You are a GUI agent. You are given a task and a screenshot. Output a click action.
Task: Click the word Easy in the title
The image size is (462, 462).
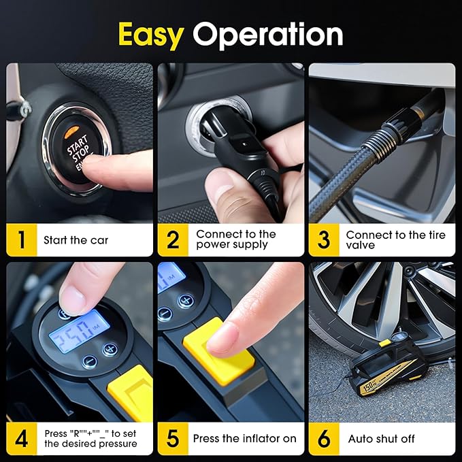(x=151, y=34)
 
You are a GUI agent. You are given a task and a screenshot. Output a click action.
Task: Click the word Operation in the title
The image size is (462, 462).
(x=267, y=34)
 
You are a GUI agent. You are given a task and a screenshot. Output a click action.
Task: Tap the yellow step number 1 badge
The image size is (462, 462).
(x=22, y=240)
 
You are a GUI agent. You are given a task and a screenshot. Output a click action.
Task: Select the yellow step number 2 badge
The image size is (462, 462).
(x=173, y=240)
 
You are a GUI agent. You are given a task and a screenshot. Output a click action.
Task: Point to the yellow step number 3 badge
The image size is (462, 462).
(x=324, y=240)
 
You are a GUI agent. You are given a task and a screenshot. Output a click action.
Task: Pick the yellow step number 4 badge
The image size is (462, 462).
(x=22, y=439)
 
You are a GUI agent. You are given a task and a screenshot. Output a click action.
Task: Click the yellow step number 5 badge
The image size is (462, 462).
(x=173, y=439)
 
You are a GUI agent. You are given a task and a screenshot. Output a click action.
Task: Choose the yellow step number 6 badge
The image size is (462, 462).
(x=324, y=439)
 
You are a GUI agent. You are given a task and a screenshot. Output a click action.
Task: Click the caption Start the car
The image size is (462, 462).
(x=76, y=240)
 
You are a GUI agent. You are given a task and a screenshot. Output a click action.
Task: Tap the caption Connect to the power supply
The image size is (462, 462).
(x=235, y=240)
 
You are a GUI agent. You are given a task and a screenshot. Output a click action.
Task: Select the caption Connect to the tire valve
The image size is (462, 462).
(x=395, y=240)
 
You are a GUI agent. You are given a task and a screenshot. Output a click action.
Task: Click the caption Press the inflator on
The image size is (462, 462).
(x=244, y=439)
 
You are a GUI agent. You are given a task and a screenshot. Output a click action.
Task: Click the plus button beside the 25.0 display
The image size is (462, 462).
(x=109, y=349)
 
